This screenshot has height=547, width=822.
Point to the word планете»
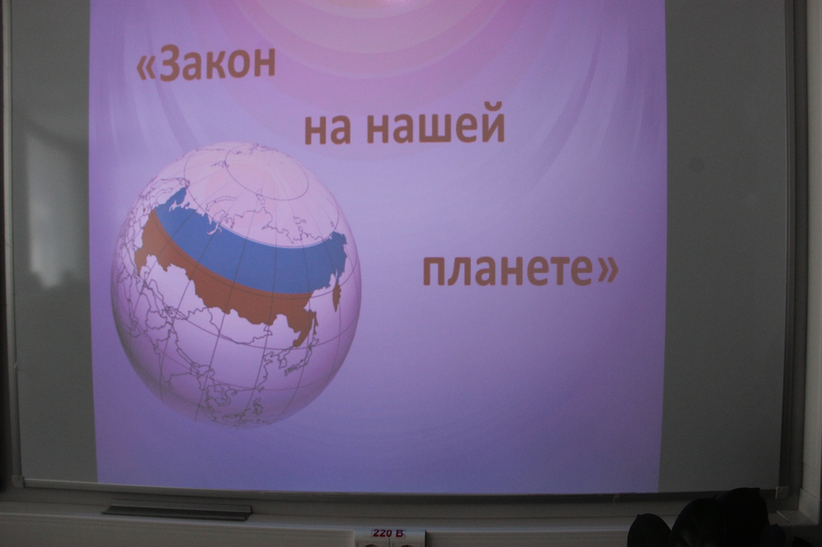tap(520, 271)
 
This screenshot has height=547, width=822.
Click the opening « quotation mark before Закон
tap(145, 68)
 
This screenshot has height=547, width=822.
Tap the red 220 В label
tap(389, 533)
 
